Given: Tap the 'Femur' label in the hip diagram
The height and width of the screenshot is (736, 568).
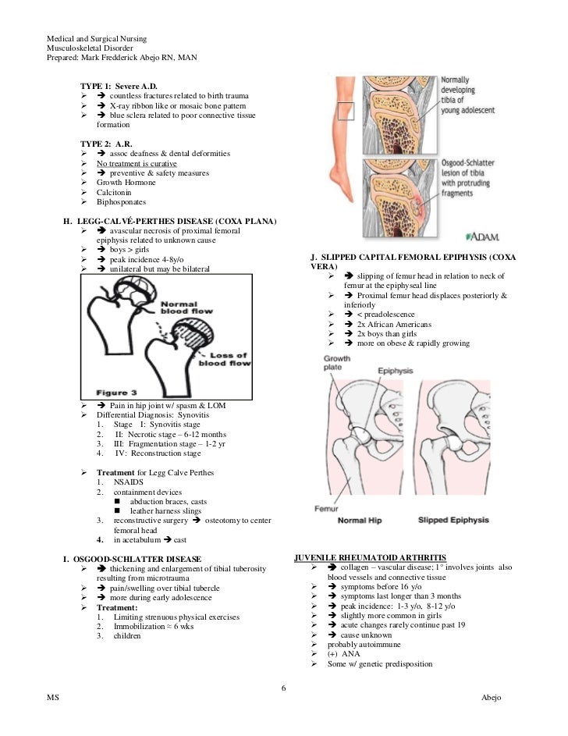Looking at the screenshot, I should [x=325, y=508].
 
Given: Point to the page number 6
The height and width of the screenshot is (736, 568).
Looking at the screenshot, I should [x=284, y=687].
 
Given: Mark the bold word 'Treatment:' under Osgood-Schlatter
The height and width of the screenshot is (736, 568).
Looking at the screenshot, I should [x=117, y=607].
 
